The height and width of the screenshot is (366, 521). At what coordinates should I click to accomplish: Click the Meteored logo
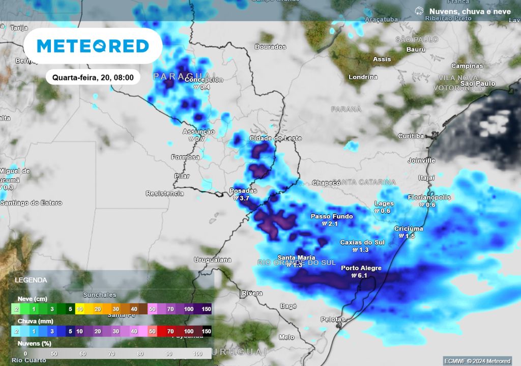(93, 46)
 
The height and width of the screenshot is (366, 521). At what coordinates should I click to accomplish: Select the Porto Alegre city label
(361, 268)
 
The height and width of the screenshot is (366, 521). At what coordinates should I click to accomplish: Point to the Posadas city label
(244, 191)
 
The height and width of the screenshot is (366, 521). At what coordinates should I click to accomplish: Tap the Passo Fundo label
(332, 216)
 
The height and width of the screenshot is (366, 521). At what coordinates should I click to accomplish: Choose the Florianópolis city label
(429, 198)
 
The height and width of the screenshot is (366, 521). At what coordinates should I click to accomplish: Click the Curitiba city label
(411, 136)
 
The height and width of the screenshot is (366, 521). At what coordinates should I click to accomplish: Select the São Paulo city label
(478, 83)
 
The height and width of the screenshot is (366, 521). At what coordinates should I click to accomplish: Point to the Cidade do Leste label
(275, 138)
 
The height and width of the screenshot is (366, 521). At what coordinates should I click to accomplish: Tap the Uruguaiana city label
(213, 260)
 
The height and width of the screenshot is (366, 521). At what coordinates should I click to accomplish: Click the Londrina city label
(363, 77)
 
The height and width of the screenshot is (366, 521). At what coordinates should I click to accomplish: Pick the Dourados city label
(270, 47)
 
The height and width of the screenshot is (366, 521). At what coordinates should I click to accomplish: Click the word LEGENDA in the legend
(31, 280)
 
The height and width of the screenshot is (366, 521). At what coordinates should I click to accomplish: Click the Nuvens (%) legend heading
(34, 344)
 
